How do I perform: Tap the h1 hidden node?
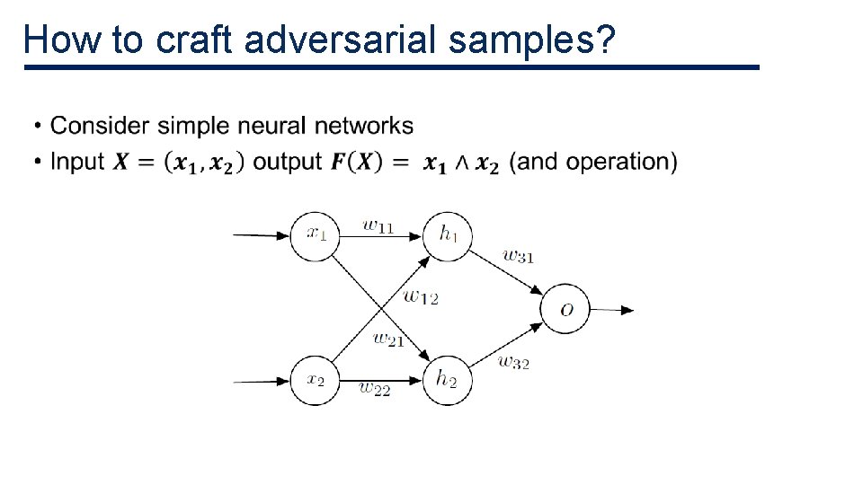point(448,235)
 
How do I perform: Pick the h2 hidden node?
point(448,381)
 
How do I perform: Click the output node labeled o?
point(565,310)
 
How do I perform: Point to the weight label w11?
point(378,225)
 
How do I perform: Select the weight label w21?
point(387,339)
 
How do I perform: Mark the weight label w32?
point(512,362)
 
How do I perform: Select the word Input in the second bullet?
point(77,162)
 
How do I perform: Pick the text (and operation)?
point(593,162)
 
